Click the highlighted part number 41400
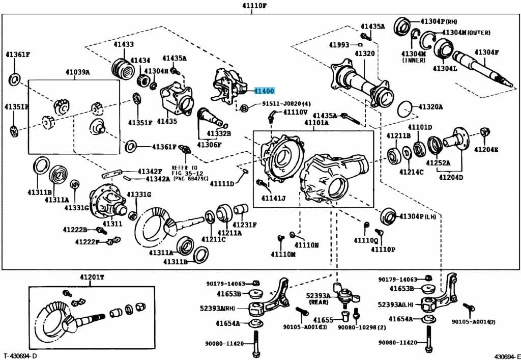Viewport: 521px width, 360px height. pyautogui.click(x=265, y=91)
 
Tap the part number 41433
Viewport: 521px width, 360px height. pyautogui.click(x=124, y=45)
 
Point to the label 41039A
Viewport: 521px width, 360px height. pyautogui.click(x=77, y=72)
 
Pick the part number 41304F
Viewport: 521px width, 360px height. pyautogui.click(x=487, y=52)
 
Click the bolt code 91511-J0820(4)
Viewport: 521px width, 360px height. pyautogui.click(x=286, y=104)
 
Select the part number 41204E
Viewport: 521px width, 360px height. pyautogui.click(x=486, y=149)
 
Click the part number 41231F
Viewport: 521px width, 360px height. pyautogui.click(x=245, y=225)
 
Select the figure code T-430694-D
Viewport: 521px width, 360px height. pyautogui.click(x=20, y=355)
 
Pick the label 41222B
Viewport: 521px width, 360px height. pyautogui.click(x=75, y=230)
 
